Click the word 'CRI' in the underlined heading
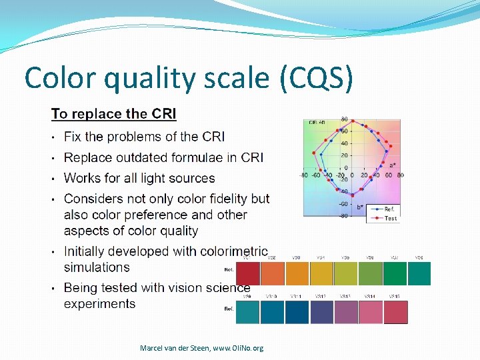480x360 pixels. [x=163, y=114]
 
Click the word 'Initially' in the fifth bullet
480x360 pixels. [x=89, y=251]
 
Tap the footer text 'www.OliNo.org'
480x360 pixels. [x=237, y=348]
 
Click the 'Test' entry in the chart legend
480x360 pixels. [x=390, y=218]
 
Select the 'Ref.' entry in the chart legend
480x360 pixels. [x=390, y=209]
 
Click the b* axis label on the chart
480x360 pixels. [x=361, y=207]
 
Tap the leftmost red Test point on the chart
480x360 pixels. [x=313, y=153]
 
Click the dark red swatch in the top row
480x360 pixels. [x=247, y=273]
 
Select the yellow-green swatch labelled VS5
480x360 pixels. [x=345, y=273]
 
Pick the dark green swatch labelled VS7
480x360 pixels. [x=394, y=273]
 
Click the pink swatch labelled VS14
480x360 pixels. [x=370, y=312]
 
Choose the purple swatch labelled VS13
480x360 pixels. [x=345, y=312]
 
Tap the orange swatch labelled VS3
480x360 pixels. [x=296, y=273]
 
